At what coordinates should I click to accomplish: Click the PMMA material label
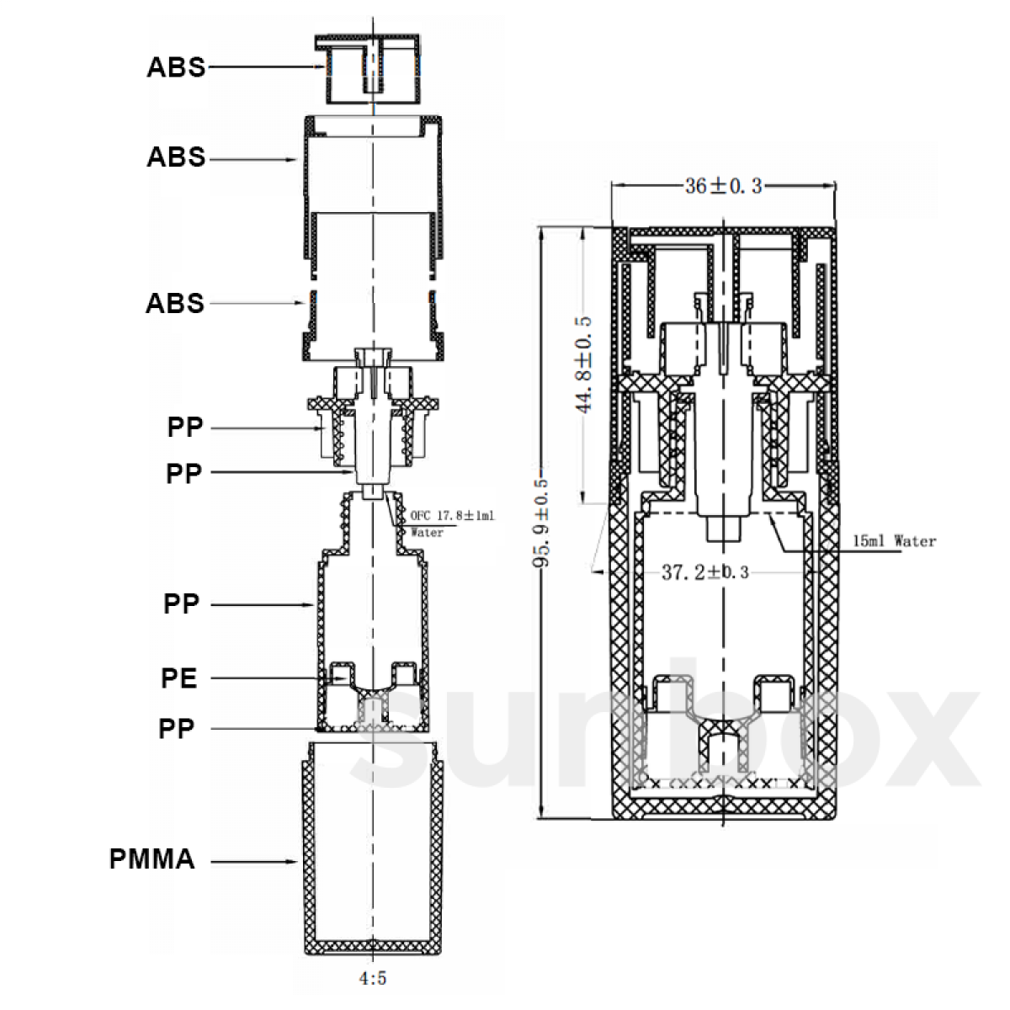coord(152,859)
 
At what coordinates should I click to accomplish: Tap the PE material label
coord(179,678)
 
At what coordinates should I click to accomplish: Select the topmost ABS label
coord(176,67)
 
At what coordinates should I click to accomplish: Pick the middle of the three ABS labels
coord(176,157)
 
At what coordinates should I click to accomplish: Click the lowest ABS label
coord(175,304)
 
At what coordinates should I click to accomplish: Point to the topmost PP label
coord(185,428)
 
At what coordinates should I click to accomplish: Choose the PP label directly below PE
coord(177,729)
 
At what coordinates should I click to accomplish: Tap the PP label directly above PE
coord(181,604)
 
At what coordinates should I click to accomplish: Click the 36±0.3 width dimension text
coord(723,186)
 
